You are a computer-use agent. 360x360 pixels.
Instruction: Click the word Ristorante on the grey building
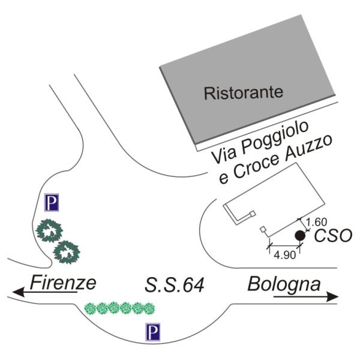point(242,93)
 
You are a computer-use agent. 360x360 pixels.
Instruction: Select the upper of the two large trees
point(47,231)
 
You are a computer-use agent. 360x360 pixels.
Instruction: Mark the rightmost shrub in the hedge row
point(149,308)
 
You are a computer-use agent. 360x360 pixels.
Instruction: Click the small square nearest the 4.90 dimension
point(262,229)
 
